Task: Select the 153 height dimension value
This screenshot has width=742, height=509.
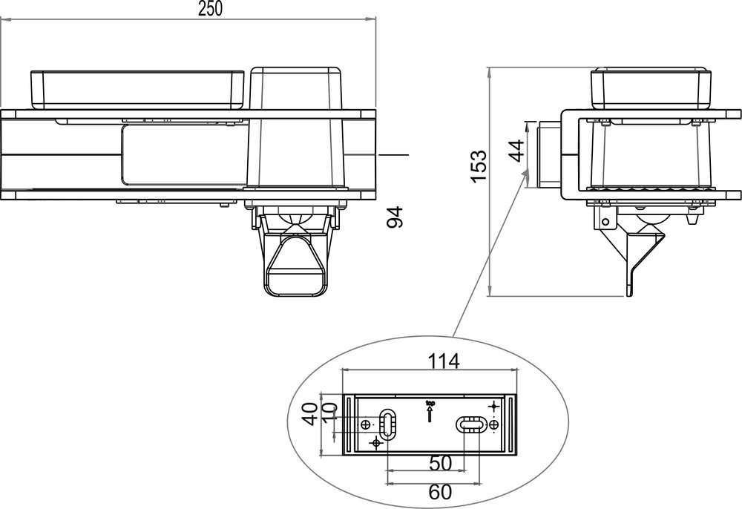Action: [479, 165]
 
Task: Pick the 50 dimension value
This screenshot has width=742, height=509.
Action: [441, 463]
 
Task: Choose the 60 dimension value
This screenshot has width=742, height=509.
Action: [441, 490]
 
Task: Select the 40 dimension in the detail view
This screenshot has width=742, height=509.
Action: [312, 413]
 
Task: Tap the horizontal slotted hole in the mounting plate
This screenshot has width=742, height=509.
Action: [470, 424]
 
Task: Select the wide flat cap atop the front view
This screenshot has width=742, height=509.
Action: [137, 89]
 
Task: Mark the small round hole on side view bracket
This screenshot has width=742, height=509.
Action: [606, 220]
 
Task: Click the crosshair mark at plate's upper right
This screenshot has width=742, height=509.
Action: [494, 406]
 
